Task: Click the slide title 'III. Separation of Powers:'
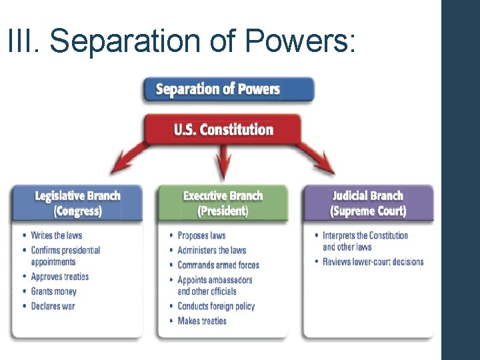click(x=182, y=41)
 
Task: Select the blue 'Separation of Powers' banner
click(x=228, y=89)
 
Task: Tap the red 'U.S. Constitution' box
click(x=224, y=129)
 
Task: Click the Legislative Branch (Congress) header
click(x=77, y=203)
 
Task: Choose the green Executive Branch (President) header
click(x=223, y=203)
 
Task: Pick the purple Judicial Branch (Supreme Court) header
click(x=368, y=203)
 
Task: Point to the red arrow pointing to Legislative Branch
click(x=130, y=160)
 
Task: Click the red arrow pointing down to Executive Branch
click(x=224, y=163)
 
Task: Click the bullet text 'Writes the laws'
click(x=56, y=235)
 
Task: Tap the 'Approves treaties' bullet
click(x=59, y=277)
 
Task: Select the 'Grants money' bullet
click(x=53, y=291)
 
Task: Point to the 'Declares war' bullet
click(x=53, y=306)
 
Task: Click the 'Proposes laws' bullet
click(x=201, y=235)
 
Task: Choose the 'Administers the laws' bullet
click(x=211, y=250)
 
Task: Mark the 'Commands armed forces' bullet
click(x=218, y=265)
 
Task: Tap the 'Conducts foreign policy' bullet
click(x=216, y=306)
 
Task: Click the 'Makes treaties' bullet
click(x=202, y=321)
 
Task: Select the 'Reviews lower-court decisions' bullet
click(x=373, y=261)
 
